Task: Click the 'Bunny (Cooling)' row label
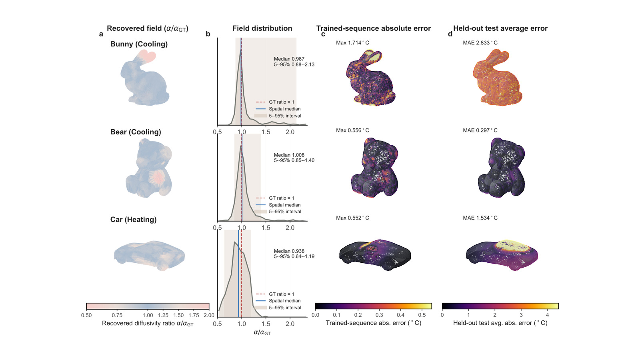pos(139,44)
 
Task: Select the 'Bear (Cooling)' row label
pos(136,132)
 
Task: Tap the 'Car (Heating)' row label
pos(134,220)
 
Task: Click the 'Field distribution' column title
pos(262,28)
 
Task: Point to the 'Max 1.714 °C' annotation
pos(352,43)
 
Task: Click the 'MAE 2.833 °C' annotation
pos(480,43)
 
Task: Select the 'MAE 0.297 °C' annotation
pos(480,130)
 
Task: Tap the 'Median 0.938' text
pos(289,251)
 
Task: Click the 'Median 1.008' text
pos(289,155)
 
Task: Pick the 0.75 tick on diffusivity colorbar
pos(117,316)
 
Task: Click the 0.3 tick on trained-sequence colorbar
pos(379,315)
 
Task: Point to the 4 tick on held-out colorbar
pos(548,315)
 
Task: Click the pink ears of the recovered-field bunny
pos(148,56)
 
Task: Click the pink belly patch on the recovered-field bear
pos(157,178)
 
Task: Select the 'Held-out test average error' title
pos(500,28)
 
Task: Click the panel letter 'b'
pos(208,34)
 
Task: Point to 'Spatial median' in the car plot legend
pos(284,301)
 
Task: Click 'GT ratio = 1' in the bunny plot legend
pos(282,102)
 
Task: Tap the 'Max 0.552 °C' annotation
pos(352,218)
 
